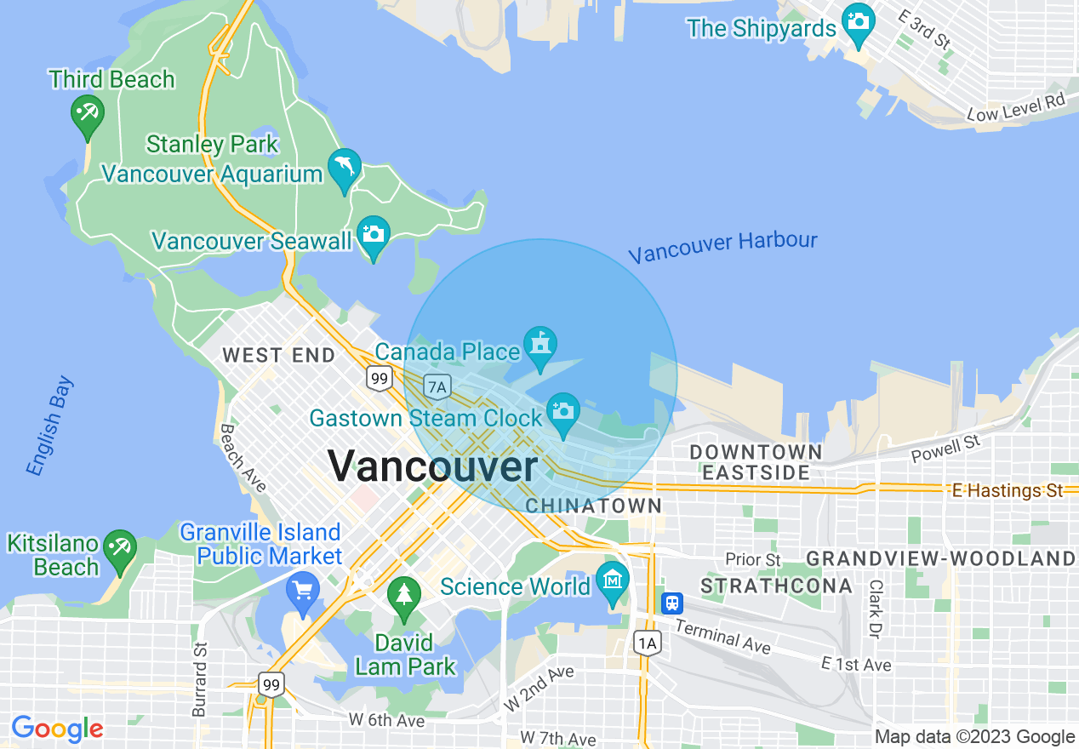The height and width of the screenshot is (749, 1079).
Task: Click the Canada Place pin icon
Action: point(539,345)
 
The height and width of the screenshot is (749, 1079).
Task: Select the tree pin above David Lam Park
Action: point(404,594)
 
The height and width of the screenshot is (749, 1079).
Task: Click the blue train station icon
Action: point(672,603)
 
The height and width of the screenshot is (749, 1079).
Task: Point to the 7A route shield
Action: point(437,387)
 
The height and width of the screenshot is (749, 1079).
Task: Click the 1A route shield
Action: point(647,643)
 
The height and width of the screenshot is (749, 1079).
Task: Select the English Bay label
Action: point(49,426)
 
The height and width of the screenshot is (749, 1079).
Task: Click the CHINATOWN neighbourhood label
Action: point(593,506)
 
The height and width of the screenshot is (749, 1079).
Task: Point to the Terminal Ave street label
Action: point(722,637)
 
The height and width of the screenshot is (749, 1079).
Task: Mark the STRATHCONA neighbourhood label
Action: point(776,586)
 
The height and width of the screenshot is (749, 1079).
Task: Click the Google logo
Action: point(57,729)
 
